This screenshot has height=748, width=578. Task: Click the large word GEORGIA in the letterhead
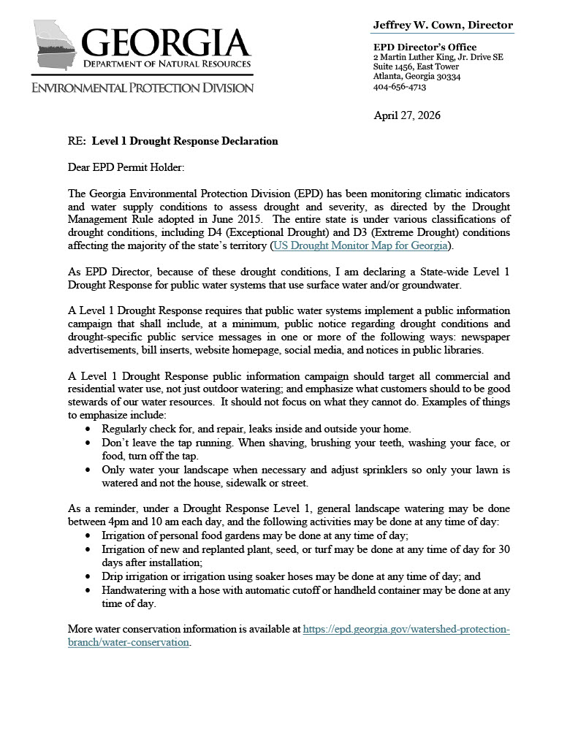167,43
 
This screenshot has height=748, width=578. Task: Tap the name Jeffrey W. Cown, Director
443,25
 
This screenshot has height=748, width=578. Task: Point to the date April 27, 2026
407,115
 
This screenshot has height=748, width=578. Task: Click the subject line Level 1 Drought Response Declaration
185,141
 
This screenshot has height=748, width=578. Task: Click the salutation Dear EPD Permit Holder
126,167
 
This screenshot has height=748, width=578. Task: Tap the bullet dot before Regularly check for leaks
89,429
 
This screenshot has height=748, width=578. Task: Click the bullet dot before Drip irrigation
89,576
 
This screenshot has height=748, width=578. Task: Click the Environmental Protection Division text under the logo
142,88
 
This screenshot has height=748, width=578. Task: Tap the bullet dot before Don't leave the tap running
89,443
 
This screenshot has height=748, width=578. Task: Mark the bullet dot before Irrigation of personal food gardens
89,535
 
